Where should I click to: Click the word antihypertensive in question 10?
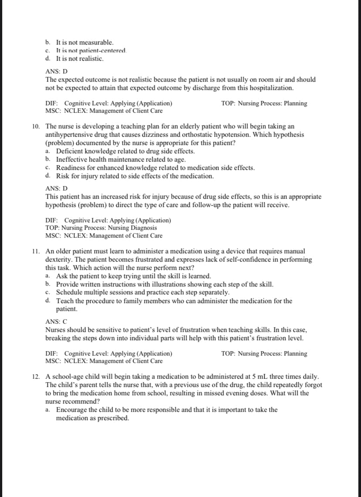68,135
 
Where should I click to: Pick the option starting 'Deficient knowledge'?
125,151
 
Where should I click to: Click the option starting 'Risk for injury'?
135,176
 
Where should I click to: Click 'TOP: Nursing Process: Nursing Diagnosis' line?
101,228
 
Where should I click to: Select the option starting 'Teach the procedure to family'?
174,301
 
